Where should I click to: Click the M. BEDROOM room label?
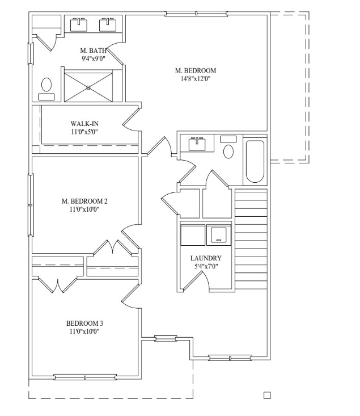pyautogui.click(x=196, y=70)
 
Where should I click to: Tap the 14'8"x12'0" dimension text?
pyautogui.click(x=196, y=79)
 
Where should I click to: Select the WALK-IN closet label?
pyautogui.click(x=84, y=124)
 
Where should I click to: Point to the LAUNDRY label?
pyautogui.click(x=206, y=258)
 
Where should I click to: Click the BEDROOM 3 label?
pyautogui.click(x=84, y=323)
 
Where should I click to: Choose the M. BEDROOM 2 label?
pyautogui.click(x=84, y=201)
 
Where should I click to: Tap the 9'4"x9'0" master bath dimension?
pyautogui.click(x=94, y=58)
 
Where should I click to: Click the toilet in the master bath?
pyautogui.click(x=46, y=89)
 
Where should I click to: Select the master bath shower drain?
pyautogui.click(x=88, y=87)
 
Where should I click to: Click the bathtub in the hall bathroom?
pyautogui.click(x=255, y=161)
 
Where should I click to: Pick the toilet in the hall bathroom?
pyautogui.click(x=228, y=147)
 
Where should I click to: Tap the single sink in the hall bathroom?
pyautogui.click(x=197, y=144)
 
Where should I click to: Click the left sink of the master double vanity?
pyautogui.click(x=79, y=25)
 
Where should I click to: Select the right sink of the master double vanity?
pyautogui.click(x=108, y=25)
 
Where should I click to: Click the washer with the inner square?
pyautogui.click(x=219, y=235)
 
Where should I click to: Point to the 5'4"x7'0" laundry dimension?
pyautogui.click(x=206, y=266)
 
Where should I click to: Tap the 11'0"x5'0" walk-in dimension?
pyautogui.click(x=84, y=132)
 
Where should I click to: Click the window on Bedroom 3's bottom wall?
pyautogui.click(x=85, y=377)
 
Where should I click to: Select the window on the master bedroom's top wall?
pyautogui.click(x=196, y=14)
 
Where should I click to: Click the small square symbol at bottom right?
pyautogui.click(x=267, y=396)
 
